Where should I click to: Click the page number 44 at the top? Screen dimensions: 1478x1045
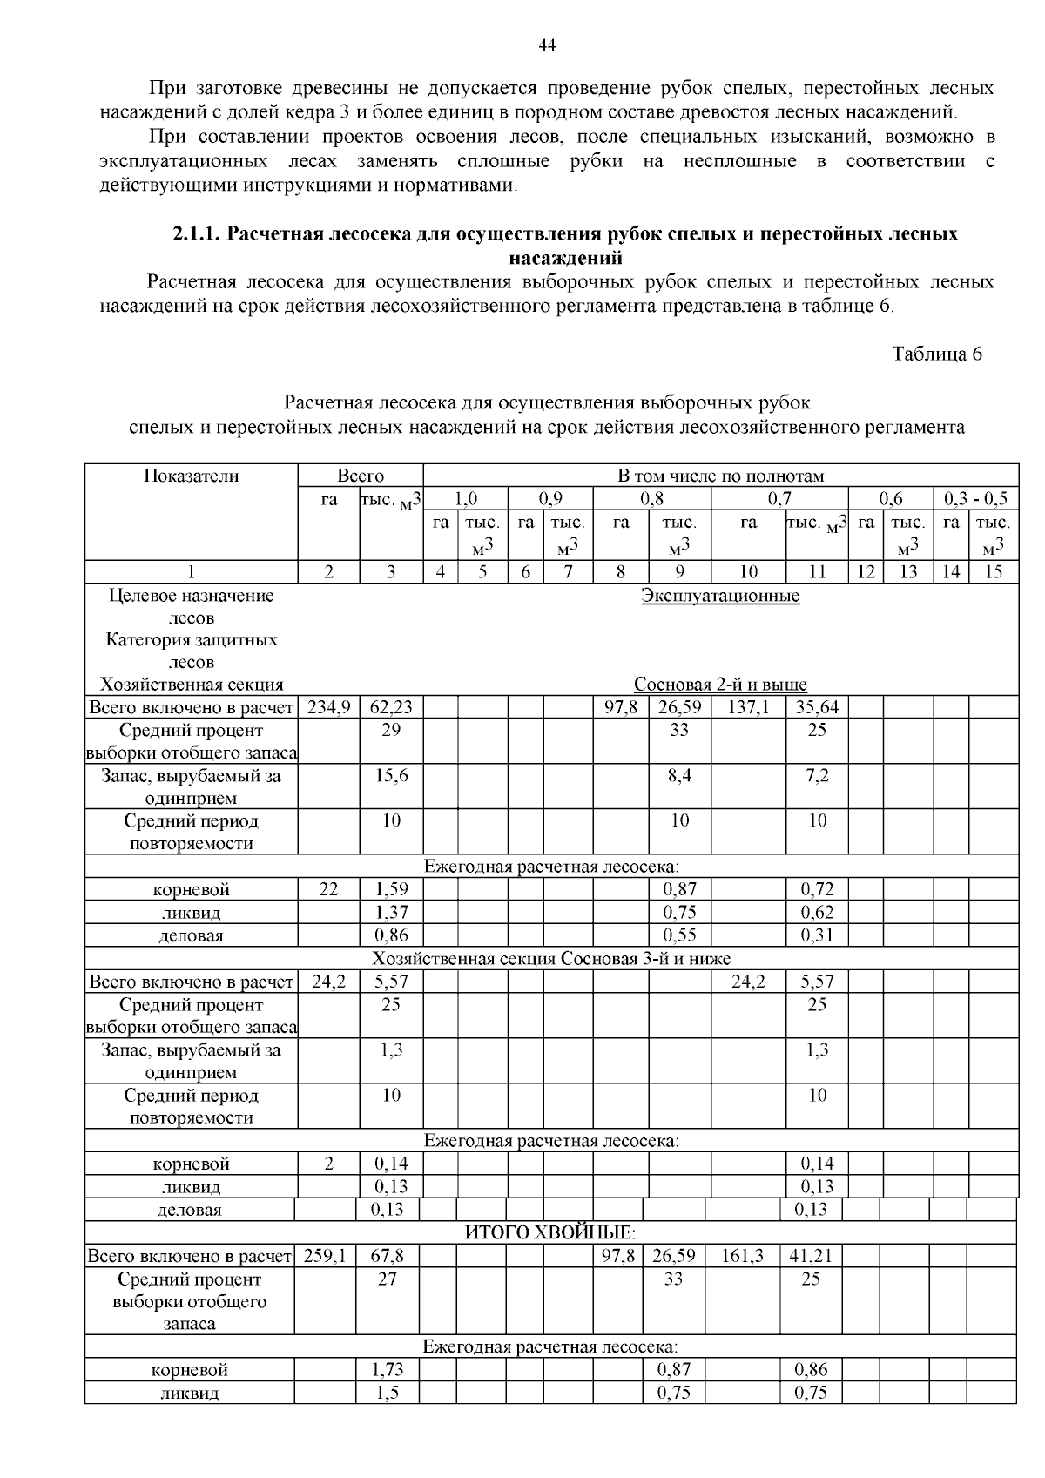pos(547,45)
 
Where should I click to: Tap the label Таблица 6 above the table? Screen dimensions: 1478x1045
pos(937,354)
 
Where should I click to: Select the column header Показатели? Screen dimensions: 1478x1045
pos(192,476)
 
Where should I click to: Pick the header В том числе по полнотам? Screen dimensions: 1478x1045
pos(720,476)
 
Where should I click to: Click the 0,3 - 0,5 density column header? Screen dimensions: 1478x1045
pos(975,499)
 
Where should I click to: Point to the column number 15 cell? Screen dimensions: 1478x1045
pos(994,572)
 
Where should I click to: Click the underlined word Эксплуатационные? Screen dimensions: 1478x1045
pos(720,596)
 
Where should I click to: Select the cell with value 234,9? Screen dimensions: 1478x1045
pos(329,707)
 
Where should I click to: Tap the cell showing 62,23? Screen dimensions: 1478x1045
pos(391,707)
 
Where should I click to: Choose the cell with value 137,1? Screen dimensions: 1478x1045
pos(748,707)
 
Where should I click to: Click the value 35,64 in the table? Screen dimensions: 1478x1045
pos(817,707)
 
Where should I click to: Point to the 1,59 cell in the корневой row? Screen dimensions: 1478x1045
pos(391,889)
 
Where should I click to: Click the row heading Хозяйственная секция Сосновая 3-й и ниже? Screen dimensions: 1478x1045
pos(551,959)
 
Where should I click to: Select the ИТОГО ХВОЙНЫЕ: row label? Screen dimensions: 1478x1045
pos(550,1232)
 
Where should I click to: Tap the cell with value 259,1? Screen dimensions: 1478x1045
pos(325,1256)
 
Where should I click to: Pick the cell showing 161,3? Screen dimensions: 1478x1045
pos(743,1256)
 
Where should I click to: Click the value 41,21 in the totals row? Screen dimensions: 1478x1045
pos(811,1256)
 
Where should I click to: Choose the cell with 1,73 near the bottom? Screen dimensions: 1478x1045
pos(388,1370)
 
